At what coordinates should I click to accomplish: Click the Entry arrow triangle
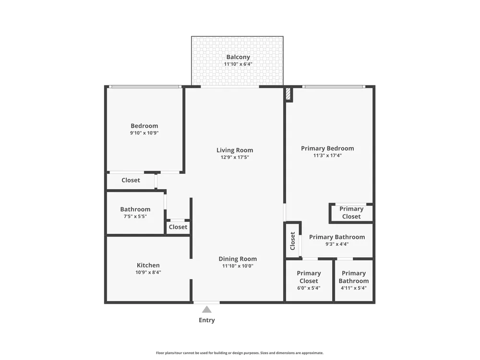click(206, 310)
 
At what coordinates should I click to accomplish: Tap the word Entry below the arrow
click(207, 320)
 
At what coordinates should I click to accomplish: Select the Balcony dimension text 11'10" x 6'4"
click(238, 64)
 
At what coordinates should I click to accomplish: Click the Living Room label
click(235, 150)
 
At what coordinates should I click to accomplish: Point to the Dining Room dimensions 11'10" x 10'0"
click(238, 266)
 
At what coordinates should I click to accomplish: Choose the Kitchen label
click(148, 265)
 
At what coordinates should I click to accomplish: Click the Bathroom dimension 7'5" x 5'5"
click(135, 216)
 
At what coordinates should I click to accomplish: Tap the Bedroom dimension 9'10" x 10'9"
click(144, 133)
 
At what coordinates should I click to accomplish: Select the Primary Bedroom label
click(327, 148)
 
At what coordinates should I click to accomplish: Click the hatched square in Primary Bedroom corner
click(288, 94)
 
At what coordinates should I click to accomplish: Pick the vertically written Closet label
click(292, 240)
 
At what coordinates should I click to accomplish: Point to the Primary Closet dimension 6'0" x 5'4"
click(309, 288)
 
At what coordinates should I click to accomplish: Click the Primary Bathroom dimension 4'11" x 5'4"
click(354, 288)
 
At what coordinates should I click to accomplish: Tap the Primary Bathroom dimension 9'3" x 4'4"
click(337, 244)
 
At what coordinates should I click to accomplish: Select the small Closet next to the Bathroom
click(178, 227)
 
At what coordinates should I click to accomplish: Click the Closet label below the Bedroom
click(131, 180)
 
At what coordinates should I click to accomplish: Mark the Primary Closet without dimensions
click(351, 213)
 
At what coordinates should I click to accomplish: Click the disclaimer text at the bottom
click(240, 353)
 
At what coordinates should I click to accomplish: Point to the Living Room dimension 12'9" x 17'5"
click(235, 157)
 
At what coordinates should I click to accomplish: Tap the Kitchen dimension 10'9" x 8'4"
click(148, 272)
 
